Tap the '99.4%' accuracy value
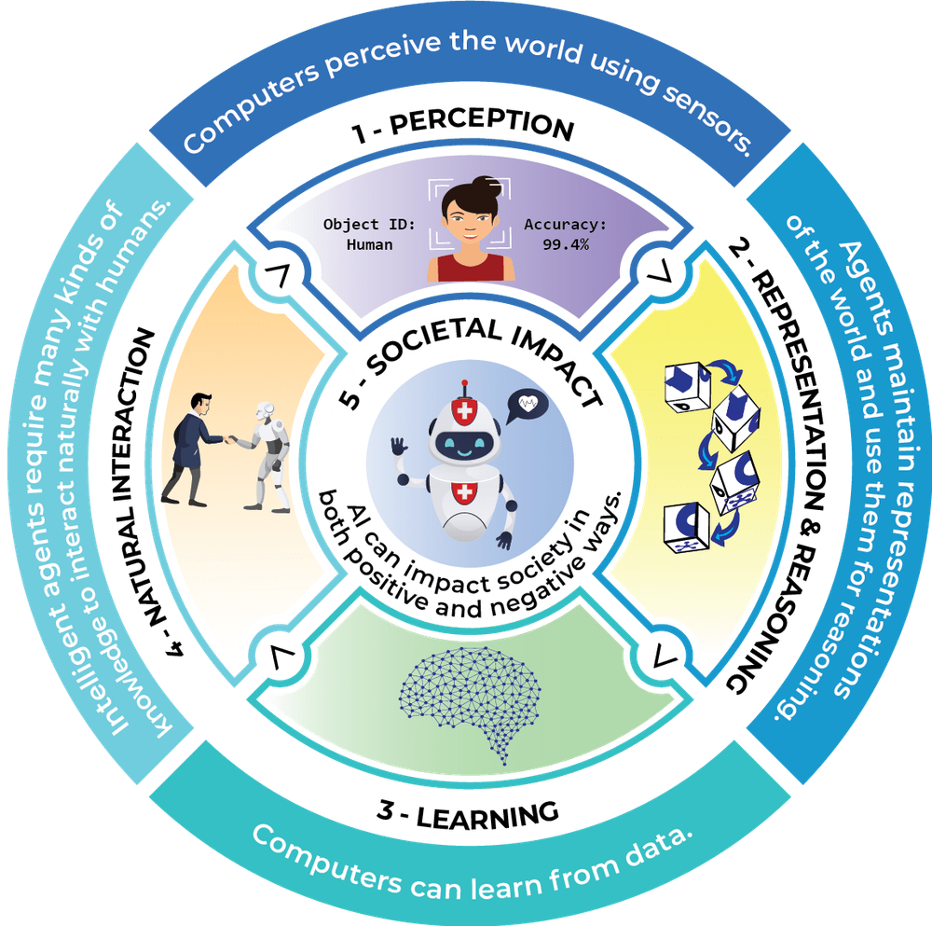567,244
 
